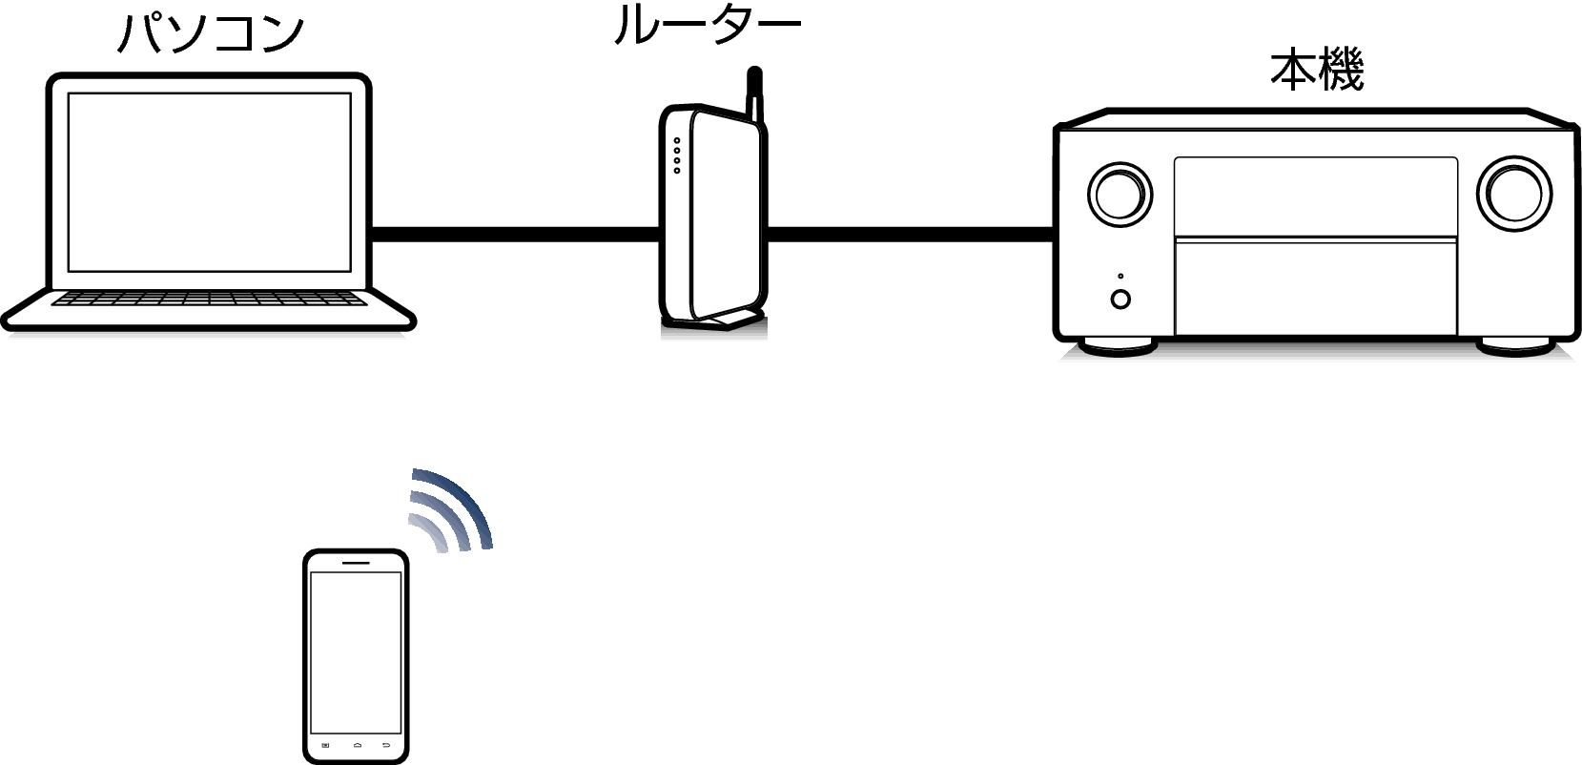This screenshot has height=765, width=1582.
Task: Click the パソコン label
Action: click(210, 33)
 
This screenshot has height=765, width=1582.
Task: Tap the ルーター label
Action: click(707, 26)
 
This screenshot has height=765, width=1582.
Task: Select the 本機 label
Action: click(1317, 70)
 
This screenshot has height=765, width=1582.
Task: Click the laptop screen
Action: click(210, 182)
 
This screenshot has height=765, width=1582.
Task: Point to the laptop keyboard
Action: click(209, 299)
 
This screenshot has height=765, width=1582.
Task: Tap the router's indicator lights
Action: click(677, 155)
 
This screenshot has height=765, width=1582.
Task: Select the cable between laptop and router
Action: click(516, 235)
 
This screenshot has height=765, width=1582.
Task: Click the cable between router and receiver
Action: click(911, 235)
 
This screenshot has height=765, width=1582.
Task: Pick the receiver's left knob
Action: click(1120, 195)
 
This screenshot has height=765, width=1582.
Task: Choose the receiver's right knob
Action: click(1514, 194)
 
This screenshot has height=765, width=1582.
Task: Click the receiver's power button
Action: click(1120, 299)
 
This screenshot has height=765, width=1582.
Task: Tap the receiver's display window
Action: click(1316, 196)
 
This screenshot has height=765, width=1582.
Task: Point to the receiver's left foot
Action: click(1118, 346)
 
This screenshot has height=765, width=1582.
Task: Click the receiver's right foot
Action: click(1515, 346)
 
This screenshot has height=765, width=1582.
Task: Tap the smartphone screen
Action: click(356, 652)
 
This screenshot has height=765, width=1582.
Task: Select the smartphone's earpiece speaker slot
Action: click(356, 562)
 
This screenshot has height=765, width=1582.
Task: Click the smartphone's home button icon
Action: click(358, 745)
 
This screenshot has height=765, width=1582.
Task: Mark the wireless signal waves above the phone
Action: click(451, 509)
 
